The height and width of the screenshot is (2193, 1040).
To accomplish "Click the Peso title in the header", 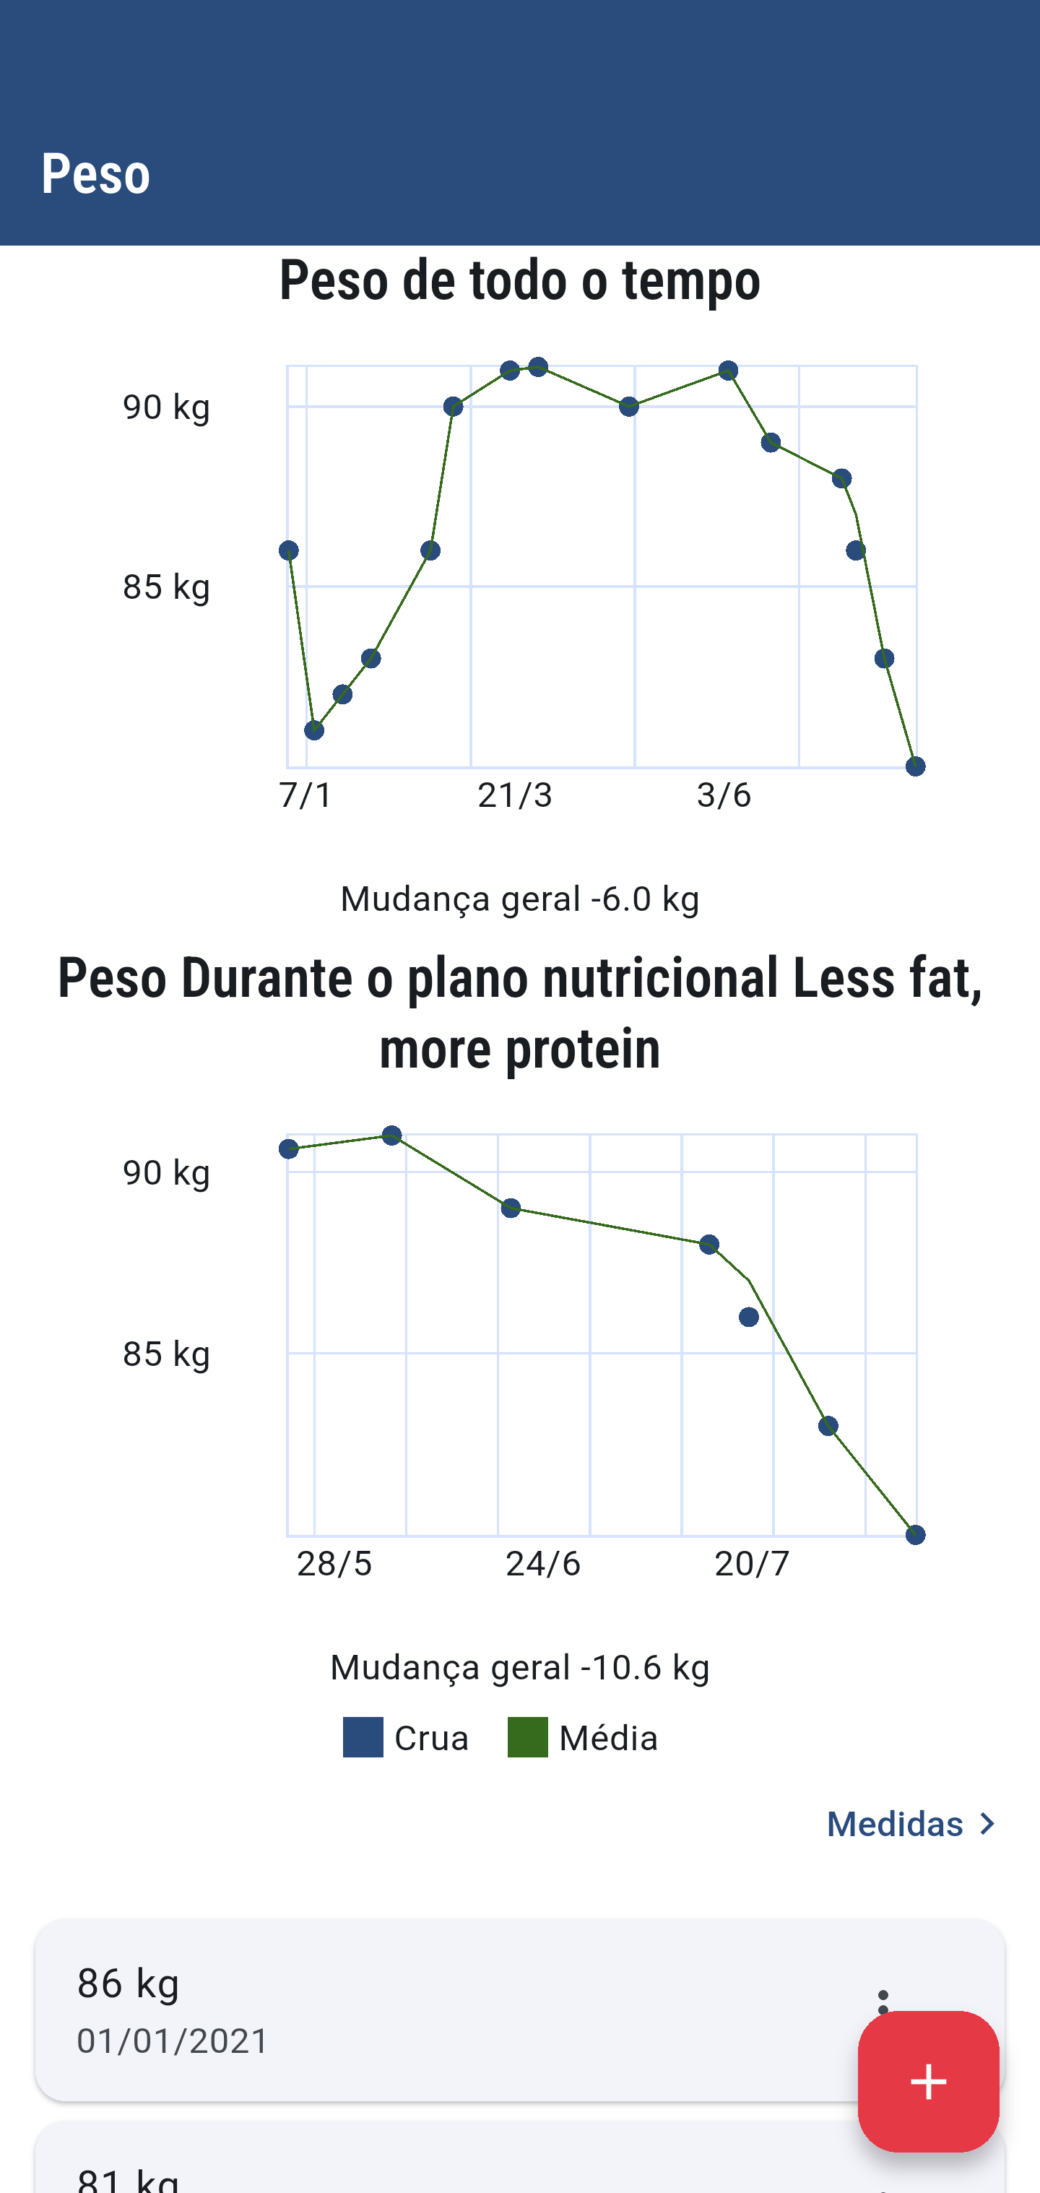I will click(95, 173).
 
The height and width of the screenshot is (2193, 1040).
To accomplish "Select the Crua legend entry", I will click(406, 1737).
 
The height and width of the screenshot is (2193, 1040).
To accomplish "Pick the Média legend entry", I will click(583, 1737).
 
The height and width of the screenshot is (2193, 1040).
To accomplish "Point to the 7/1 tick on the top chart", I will click(305, 795).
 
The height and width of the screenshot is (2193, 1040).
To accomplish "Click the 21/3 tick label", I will click(515, 795).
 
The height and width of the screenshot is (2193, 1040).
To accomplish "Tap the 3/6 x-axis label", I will click(724, 795).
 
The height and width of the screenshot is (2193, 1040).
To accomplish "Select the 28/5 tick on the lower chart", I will click(334, 1563).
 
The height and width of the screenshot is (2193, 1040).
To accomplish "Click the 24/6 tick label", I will click(543, 1563).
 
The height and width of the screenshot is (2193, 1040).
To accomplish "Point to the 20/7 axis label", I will click(752, 1563).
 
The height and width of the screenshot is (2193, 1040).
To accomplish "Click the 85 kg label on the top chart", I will click(166, 587).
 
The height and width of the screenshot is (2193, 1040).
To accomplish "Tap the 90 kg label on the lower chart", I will click(166, 1173).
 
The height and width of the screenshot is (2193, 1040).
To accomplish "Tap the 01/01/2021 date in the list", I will click(173, 2041).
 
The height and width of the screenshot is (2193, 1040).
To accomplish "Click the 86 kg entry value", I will click(129, 1983).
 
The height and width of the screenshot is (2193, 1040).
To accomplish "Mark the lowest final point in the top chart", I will click(915, 766).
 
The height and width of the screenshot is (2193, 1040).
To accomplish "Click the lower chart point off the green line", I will click(749, 1317).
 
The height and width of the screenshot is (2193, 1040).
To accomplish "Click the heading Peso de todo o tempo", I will click(520, 280).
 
